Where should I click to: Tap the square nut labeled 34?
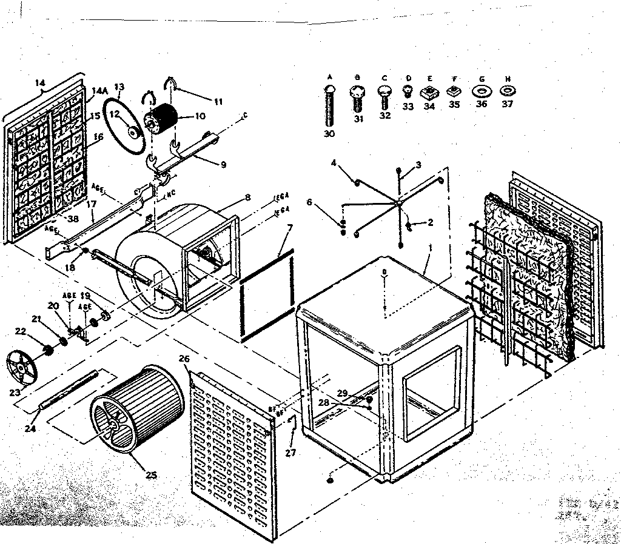(x=429, y=93)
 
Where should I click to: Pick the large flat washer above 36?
(x=482, y=91)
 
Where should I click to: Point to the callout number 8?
(x=247, y=197)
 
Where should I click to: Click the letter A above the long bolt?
(x=330, y=77)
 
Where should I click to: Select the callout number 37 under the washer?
(x=507, y=104)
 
